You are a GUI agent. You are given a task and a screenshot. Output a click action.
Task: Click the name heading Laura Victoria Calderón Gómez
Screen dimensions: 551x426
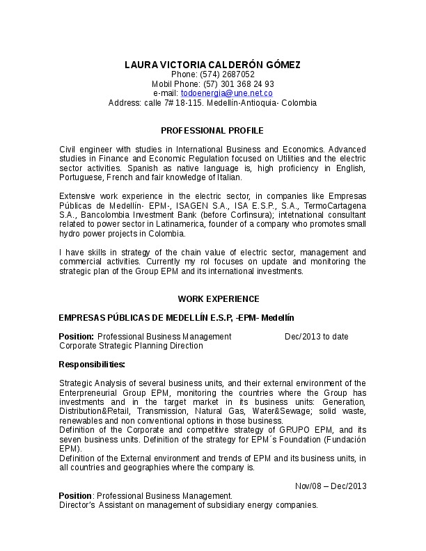pos(212,65)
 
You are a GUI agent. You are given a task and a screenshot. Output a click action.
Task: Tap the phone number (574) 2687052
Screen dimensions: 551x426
pos(227,74)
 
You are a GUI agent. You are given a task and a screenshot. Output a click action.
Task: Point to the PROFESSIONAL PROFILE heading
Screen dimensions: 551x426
pos(212,131)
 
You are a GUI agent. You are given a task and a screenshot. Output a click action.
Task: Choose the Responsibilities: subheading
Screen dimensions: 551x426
pos(92,365)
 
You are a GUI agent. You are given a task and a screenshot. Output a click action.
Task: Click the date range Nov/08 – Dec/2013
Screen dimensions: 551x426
pos(331,486)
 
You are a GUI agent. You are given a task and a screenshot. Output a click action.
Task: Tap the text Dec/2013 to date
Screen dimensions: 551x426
pos(317,337)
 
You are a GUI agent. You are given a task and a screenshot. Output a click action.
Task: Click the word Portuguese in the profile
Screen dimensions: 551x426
pos(81,177)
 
